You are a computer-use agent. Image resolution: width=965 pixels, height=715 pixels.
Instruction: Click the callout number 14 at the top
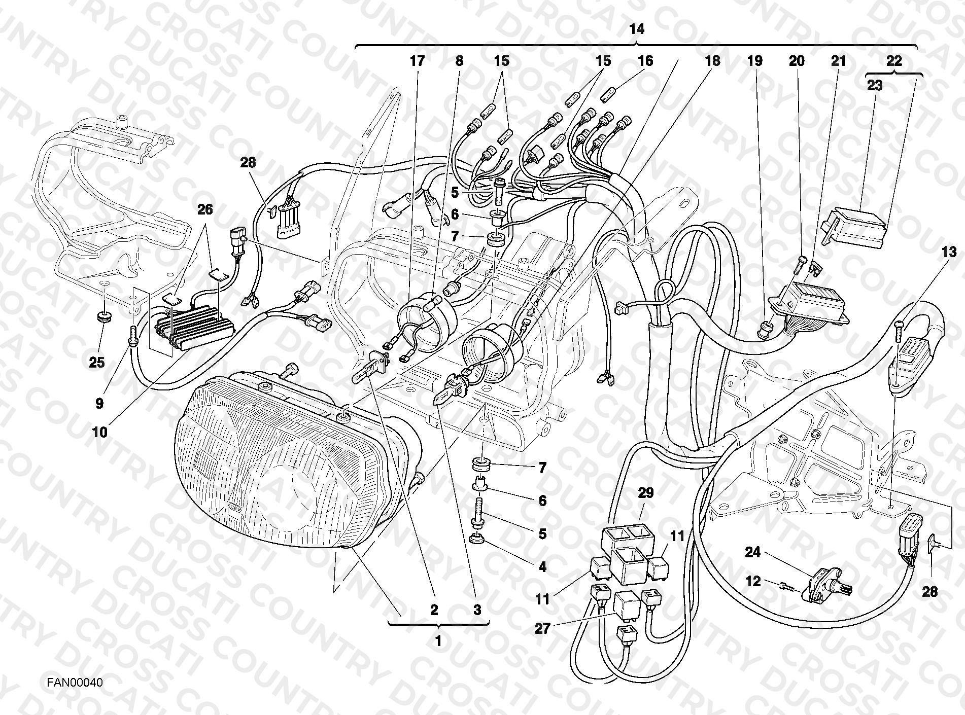click(x=637, y=29)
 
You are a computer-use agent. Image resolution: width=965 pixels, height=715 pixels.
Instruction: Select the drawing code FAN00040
click(x=75, y=683)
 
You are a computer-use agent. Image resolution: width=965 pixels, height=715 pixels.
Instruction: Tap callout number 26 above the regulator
click(x=205, y=209)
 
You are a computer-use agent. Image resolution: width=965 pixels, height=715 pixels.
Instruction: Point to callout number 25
click(x=97, y=363)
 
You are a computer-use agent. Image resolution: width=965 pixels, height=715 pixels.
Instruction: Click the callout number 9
click(x=100, y=403)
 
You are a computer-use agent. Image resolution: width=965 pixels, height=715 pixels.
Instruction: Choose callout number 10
click(x=100, y=432)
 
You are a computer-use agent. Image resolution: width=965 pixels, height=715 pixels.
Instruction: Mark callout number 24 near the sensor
click(x=752, y=552)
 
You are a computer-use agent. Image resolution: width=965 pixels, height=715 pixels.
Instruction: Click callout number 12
click(x=753, y=581)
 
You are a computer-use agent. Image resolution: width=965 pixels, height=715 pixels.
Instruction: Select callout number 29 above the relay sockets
click(x=645, y=493)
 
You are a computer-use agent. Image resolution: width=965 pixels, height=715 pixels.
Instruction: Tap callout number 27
click(x=543, y=629)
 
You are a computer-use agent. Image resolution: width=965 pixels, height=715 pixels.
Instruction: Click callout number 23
click(x=875, y=85)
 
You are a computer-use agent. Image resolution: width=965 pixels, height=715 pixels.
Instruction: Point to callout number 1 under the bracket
click(x=438, y=641)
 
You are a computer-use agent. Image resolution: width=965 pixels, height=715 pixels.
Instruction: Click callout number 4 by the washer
click(x=542, y=566)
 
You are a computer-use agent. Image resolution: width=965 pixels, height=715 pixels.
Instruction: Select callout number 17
click(x=417, y=61)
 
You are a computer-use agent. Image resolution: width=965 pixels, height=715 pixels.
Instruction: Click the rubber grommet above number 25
click(x=104, y=318)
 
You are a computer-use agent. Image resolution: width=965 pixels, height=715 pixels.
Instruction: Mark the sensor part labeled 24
click(x=825, y=582)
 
